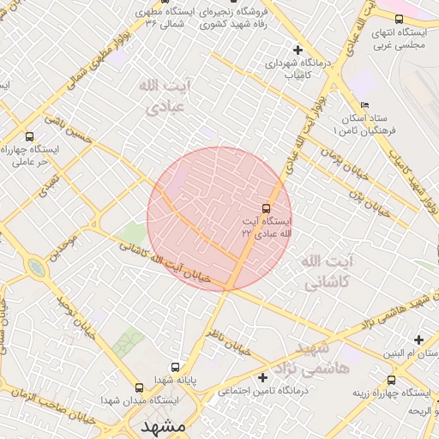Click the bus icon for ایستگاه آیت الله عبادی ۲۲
266,208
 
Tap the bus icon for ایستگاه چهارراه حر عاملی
30,136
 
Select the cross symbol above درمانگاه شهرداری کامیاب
298,50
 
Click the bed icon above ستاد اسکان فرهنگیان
364,105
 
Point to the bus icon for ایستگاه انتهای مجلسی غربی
399,19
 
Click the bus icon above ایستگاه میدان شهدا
140,388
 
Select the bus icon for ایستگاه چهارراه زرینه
392,380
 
